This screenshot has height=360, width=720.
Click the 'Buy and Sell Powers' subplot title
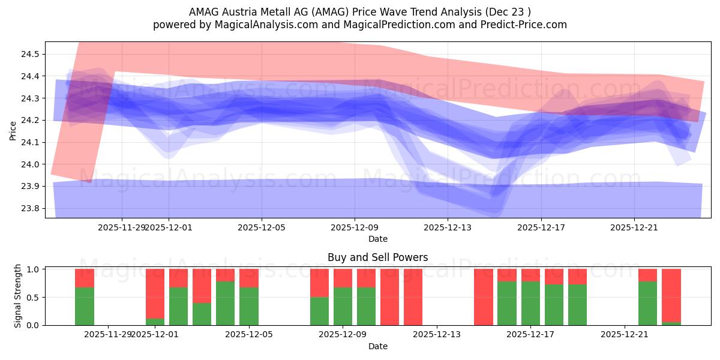[377, 257]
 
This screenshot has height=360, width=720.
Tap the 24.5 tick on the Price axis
[30, 54]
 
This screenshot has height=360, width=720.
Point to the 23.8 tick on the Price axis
[30, 208]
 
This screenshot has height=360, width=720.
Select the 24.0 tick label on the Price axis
[30, 164]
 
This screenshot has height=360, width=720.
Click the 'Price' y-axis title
[13, 130]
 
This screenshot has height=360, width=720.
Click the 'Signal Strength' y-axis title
[18, 296]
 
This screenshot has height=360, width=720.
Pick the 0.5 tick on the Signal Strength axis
[33, 297]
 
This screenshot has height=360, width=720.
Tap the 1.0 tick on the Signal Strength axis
[33, 269]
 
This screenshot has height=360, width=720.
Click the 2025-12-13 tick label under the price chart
[448, 227]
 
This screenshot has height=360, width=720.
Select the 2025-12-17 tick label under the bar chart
[530, 334]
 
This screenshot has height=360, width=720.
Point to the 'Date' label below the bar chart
[377, 346]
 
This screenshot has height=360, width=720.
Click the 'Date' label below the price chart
[377, 239]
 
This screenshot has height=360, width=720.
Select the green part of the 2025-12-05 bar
[249, 307]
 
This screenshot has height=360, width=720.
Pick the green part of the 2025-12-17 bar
[530, 304]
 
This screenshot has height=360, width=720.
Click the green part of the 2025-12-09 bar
[343, 307]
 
